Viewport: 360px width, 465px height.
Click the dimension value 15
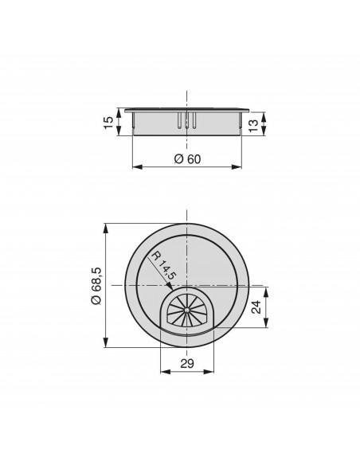tap(109, 122)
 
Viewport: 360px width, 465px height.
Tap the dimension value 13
tap(253, 126)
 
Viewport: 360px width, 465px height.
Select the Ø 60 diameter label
tap(187, 159)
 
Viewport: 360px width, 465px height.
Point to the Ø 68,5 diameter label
tap(96, 285)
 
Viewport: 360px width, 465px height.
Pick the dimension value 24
tap(256, 307)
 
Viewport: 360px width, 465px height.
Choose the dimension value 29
tap(187, 363)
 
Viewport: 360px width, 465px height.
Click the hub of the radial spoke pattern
tap(186, 310)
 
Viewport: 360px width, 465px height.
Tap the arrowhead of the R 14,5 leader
tap(170, 286)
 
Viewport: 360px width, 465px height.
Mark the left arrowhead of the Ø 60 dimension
tap(137, 167)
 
